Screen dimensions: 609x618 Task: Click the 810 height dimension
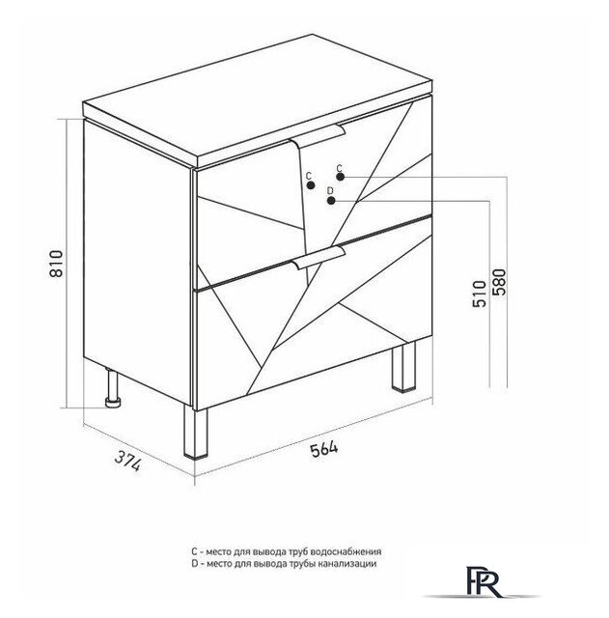click(x=56, y=264)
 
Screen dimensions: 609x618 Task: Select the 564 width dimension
click(x=323, y=449)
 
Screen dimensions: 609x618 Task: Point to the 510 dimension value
click(x=480, y=294)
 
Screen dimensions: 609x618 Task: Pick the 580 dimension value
click(x=498, y=282)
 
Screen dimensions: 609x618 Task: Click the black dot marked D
click(x=331, y=201)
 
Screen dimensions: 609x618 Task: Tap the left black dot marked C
click(x=311, y=185)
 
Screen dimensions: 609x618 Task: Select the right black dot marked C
click(x=341, y=177)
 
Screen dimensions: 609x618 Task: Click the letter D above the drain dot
click(x=330, y=191)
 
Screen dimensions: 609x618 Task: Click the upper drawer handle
click(x=318, y=135)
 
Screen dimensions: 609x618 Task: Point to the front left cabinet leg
click(x=195, y=433)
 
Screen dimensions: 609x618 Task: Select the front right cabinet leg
click(x=403, y=367)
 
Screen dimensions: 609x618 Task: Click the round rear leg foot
click(x=114, y=402)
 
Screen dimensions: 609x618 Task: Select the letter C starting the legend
click(x=194, y=551)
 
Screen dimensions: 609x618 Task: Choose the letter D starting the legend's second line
click(x=194, y=563)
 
